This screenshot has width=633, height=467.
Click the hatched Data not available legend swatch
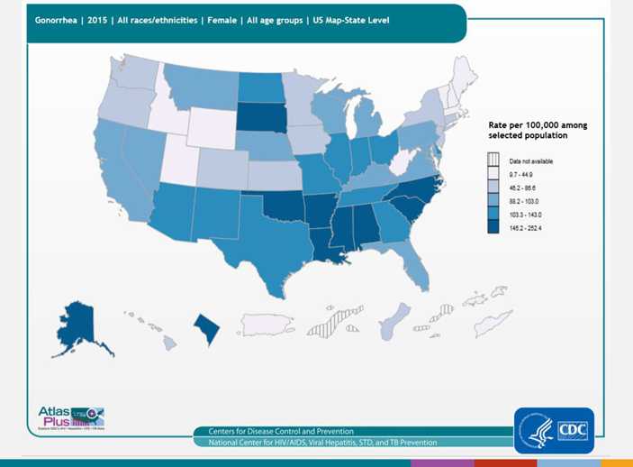point(493,160)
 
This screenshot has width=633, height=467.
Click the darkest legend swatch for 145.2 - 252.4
point(493,227)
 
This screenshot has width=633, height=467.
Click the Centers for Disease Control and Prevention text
point(281,431)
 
